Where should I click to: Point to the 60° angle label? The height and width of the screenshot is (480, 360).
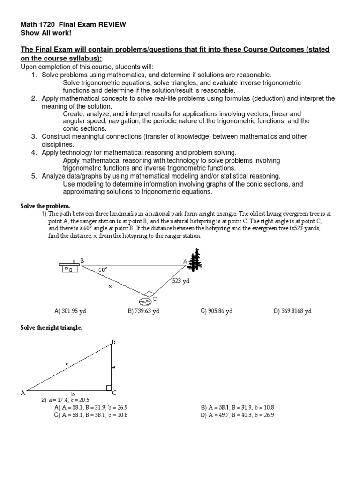point(102,270)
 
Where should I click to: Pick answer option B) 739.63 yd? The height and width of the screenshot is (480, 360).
point(143,311)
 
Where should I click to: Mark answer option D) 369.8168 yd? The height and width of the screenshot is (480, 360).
point(292,311)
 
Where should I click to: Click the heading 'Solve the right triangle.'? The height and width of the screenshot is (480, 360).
point(51,328)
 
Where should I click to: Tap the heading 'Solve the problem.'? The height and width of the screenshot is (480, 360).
point(45,206)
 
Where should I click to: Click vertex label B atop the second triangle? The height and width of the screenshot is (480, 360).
point(113,342)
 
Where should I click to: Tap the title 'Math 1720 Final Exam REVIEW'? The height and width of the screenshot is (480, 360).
point(73,24)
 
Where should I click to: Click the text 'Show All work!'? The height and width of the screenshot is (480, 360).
point(45,33)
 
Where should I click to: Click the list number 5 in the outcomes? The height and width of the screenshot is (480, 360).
point(34,176)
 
